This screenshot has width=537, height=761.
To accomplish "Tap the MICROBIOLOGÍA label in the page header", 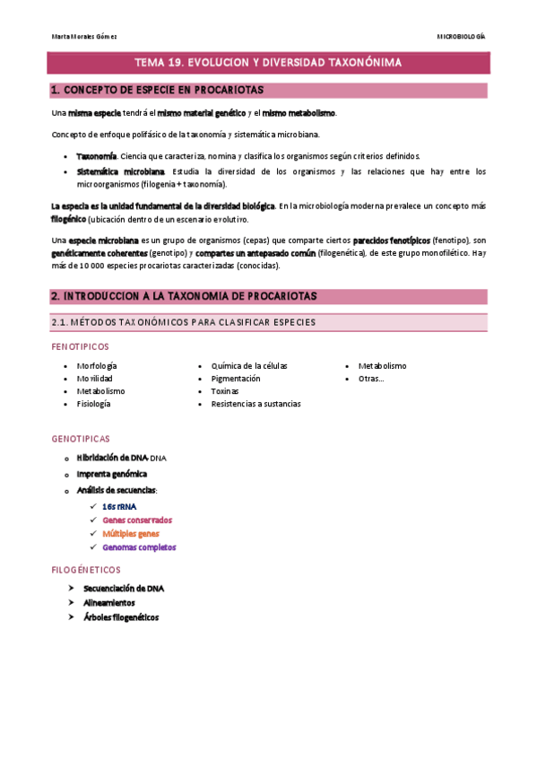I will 461,37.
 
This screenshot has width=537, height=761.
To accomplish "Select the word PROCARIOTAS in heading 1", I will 230,91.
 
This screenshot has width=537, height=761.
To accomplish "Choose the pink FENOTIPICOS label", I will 81,346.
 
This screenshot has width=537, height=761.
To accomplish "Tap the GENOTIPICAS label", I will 81,439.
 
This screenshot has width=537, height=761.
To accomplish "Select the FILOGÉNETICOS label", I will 86,570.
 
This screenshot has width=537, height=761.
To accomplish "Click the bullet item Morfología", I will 97,366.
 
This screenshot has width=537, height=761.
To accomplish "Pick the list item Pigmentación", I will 236,379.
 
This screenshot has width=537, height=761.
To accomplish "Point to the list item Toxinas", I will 225,391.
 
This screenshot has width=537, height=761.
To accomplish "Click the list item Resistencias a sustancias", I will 256,404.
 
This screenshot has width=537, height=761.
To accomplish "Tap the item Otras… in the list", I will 371,379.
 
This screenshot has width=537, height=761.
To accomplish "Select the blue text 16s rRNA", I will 120,506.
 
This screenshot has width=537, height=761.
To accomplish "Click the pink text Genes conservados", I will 137,520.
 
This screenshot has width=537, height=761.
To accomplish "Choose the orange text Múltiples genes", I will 131,533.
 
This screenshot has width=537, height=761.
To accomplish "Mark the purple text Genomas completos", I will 139,547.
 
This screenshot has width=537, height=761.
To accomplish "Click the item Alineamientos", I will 109,603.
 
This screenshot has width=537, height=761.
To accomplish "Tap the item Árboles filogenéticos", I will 120,617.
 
